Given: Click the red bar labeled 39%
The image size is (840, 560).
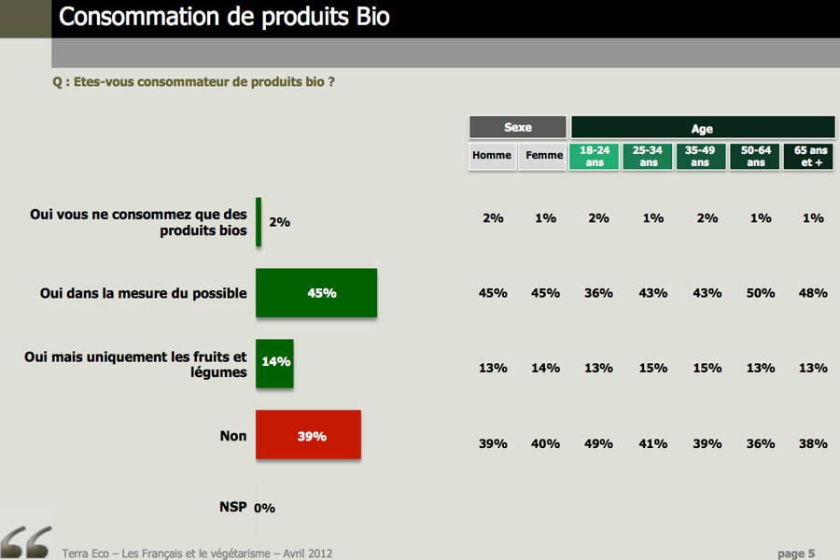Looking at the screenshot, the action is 308,435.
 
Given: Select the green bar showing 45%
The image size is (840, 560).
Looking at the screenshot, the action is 316,292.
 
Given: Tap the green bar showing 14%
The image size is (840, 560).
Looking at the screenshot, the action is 274,363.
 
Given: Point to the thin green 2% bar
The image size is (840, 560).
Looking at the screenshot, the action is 259,222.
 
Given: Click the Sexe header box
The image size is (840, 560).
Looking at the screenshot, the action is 517,127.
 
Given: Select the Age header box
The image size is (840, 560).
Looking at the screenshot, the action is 702,128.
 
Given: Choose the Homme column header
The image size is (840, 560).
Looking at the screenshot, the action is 492,156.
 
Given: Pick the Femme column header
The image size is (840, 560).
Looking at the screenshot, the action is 543,156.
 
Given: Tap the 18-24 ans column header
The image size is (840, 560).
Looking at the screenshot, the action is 595,156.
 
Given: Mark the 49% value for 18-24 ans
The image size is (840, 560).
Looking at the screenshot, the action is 598,443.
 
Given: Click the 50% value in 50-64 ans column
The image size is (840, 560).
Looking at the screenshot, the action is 761,293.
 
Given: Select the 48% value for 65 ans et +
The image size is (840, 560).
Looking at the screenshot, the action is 813,293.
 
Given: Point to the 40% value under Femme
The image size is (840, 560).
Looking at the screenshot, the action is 545,443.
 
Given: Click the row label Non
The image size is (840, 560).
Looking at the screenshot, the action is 233,436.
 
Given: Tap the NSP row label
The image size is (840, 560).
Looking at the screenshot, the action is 233,507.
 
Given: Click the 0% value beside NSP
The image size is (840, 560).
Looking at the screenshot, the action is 265,508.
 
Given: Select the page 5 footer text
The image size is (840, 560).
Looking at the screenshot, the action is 796,553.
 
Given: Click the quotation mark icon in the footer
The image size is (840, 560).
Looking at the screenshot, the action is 26,542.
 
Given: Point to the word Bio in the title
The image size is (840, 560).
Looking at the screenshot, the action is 372,17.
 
